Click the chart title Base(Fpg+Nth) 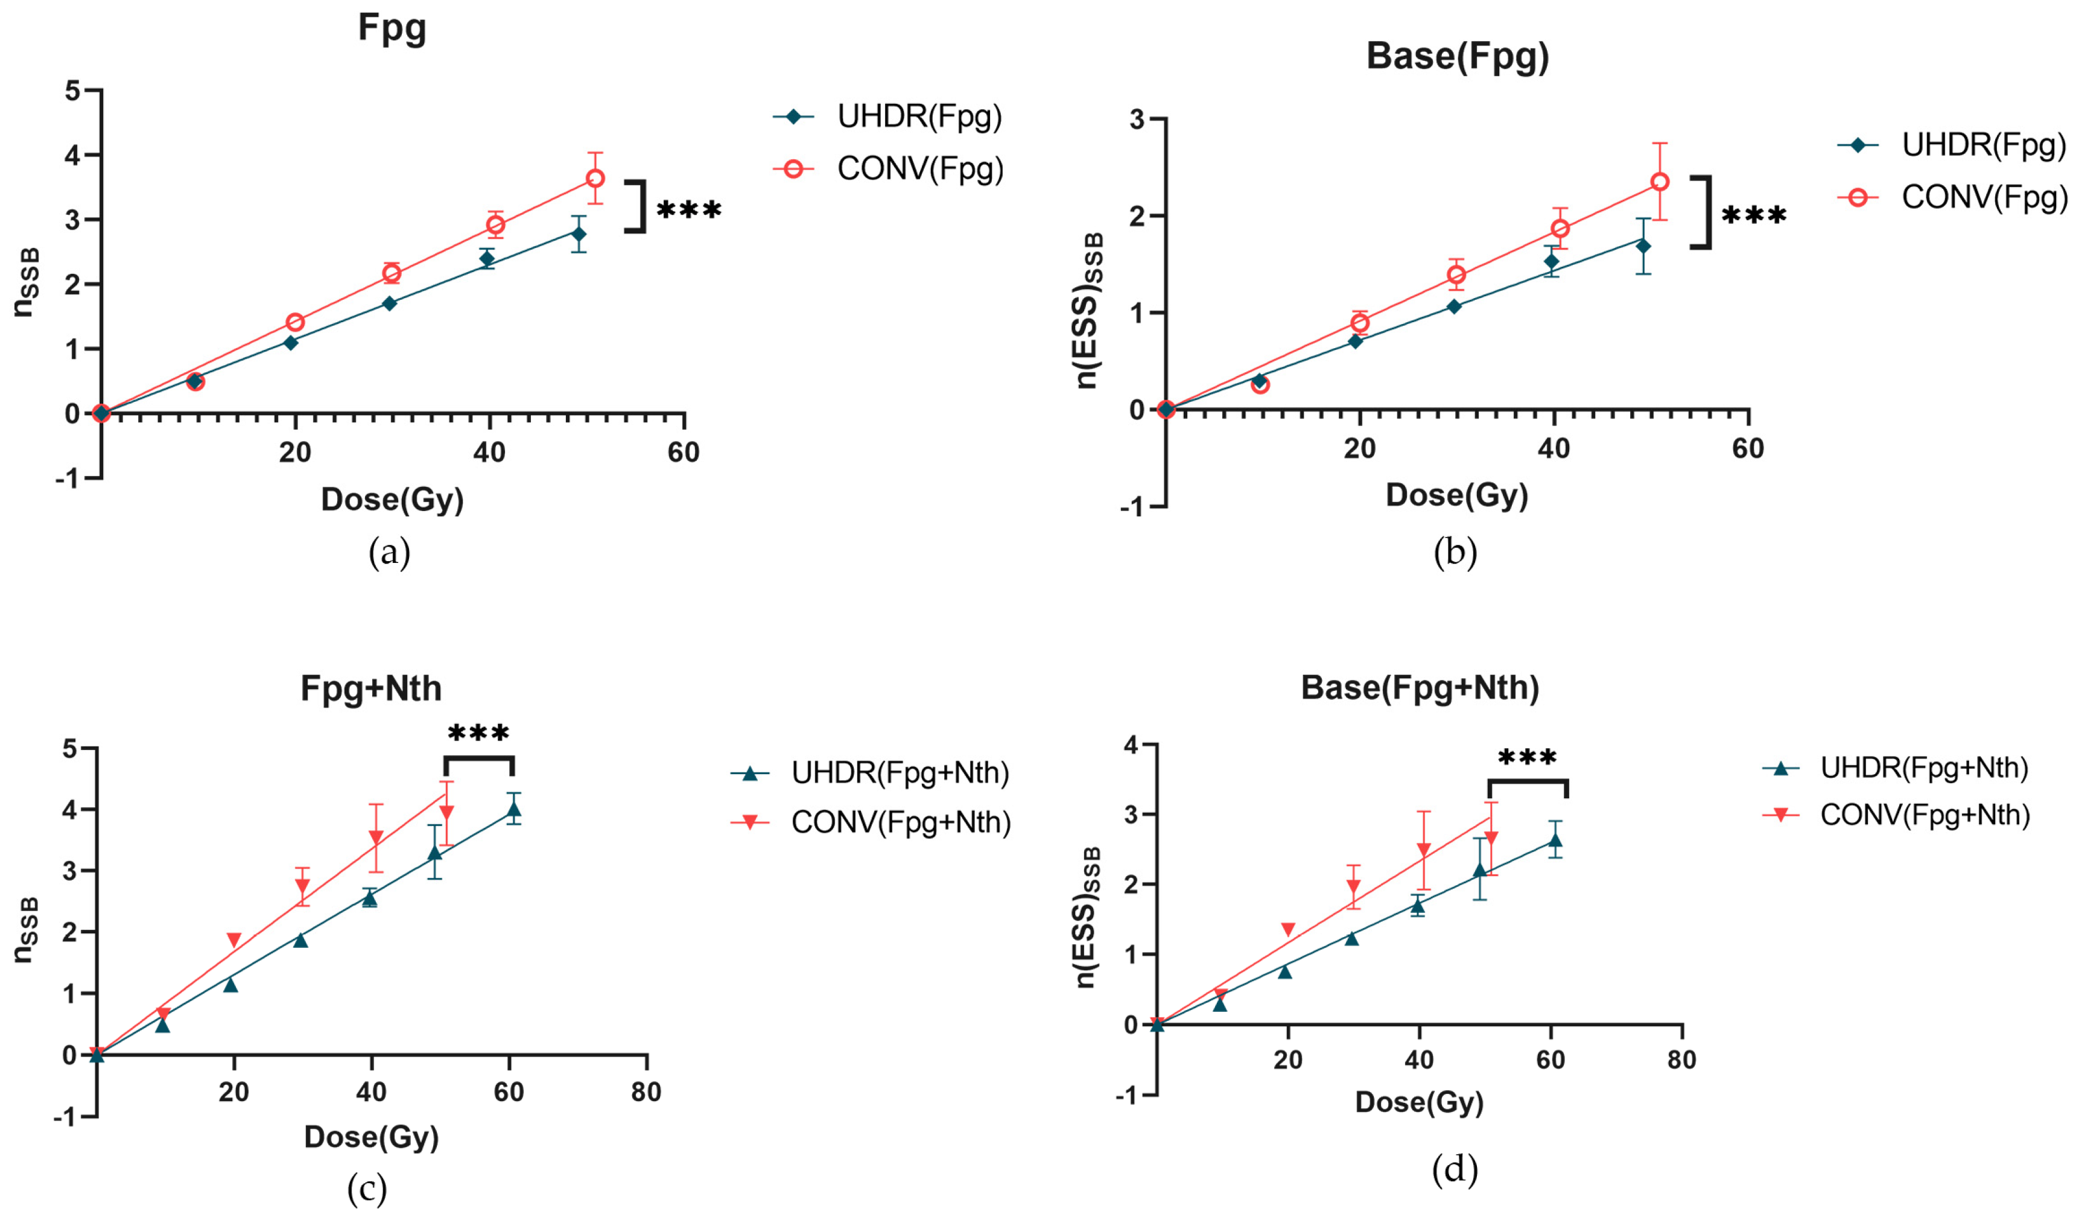click(1420, 687)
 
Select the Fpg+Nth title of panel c click(370, 688)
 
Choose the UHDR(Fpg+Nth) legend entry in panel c click(900, 773)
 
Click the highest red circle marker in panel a click(595, 178)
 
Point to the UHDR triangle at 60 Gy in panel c click(514, 809)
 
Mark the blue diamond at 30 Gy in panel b click(1454, 307)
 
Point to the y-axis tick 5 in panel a click(72, 90)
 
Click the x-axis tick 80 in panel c click(646, 1092)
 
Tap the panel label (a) click(389, 552)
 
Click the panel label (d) click(1455, 1169)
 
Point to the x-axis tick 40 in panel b click(1554, 449)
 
